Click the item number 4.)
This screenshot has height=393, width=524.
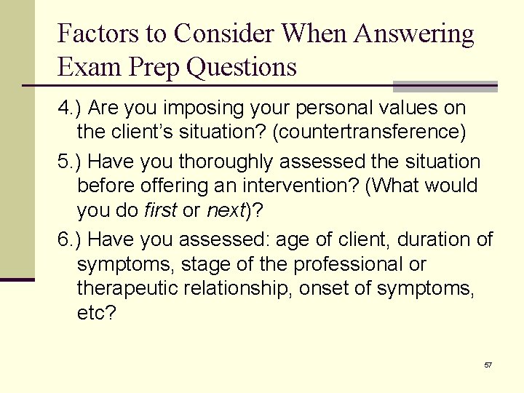(x=71, y=108)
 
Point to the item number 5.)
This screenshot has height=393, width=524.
(x=71, y=162)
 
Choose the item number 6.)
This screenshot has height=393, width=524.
(x=71, y=239)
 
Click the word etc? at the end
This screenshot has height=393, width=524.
(x=96, y=314)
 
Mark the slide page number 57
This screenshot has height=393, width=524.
(x=488, y=365)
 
